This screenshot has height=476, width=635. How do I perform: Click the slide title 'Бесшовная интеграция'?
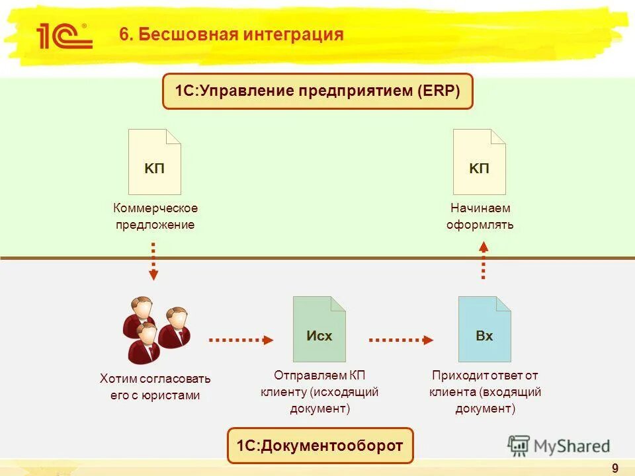pyautogui.click(x=232, y=34)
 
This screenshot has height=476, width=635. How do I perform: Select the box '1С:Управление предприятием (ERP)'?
pyautogui.click(x=317, y=91)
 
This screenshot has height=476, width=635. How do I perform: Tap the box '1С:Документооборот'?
pyautogui.click(x=319, y=446)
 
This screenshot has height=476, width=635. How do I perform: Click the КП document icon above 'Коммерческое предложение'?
pyautogui.click(x=155, y=162)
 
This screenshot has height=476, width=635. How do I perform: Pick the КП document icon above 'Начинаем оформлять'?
pyautogui.click(x=479, y=162)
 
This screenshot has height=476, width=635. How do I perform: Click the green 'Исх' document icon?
pyautogui.click(x=319, y=329)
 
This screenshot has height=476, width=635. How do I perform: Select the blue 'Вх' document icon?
pyautogui.click(x=484, y=329)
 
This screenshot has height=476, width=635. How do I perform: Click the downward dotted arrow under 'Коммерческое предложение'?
pyautogui.click(x=153, y=261)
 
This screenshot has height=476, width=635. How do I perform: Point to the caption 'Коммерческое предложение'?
pyautogui.click(x=155, y=216)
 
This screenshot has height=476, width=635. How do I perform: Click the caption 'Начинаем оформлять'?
pyautogui.click(x=480, y=216)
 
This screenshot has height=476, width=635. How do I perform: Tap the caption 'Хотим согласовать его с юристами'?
pyautogui.click(x=155, y=387)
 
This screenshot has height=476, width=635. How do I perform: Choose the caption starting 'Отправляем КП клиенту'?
pyautogui.click(x=319, y=391)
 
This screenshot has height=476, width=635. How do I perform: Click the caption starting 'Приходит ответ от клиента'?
pyautogui.click(x=485, y=391)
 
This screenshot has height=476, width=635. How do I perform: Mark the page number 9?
pyautogui.click(x=615, y=469)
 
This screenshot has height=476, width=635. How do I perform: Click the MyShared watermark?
pyautogui.click(x=559, y=446)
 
